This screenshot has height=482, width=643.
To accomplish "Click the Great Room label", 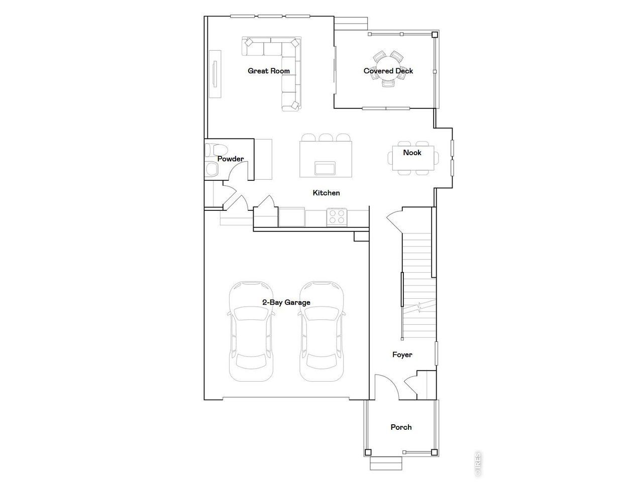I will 269,71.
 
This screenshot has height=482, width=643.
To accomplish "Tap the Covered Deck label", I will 388,71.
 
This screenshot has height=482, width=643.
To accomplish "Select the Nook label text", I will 412,152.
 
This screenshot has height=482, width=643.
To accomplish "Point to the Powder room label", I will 231,159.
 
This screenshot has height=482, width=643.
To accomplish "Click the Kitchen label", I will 326,193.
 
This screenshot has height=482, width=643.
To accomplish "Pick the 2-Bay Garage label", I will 286,302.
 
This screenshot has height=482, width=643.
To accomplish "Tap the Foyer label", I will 402,354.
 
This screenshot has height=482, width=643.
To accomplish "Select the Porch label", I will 401,427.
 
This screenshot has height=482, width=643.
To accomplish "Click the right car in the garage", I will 322,331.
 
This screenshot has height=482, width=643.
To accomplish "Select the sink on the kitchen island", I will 326,168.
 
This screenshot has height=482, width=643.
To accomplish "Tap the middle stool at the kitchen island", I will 326,137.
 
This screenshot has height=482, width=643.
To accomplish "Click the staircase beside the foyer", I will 417,281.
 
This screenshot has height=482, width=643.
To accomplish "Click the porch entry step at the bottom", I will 386,463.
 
